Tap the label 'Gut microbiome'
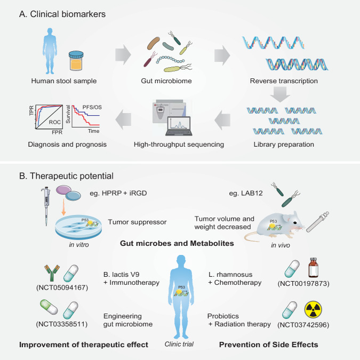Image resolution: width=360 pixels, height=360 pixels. (165, 82)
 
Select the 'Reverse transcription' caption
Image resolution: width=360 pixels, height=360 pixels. (284, 82)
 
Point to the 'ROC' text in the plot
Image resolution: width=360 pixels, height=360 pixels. (55, 121)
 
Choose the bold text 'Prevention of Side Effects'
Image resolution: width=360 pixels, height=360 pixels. (268, 345)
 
